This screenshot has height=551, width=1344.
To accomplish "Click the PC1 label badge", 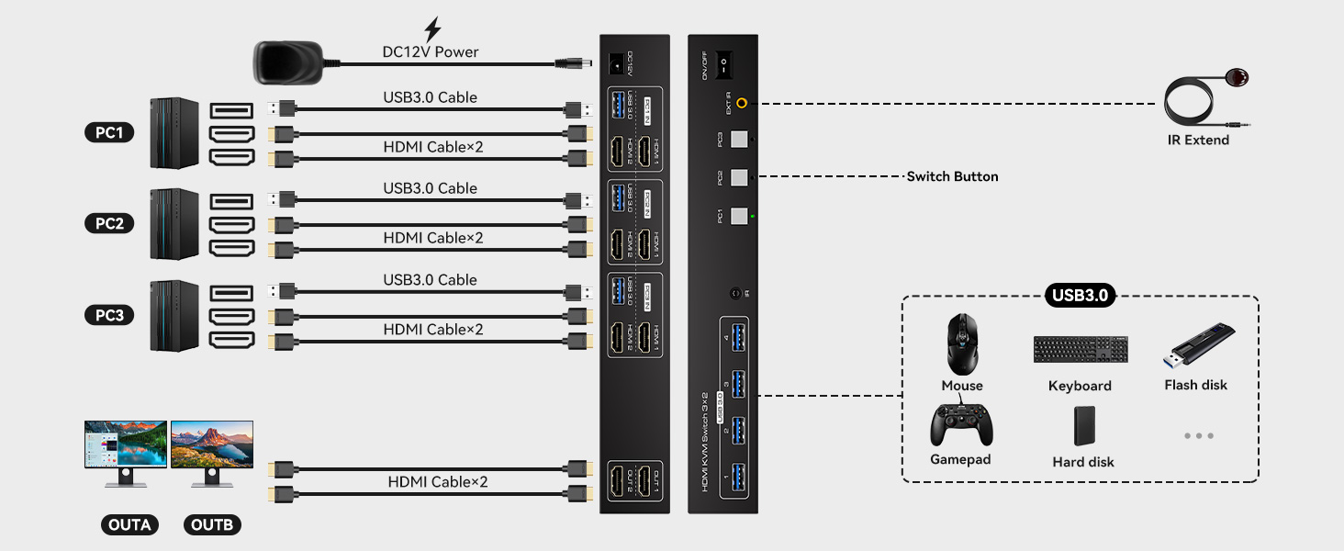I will pos(109,132).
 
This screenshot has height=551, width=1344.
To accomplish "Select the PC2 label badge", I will pos(109,223).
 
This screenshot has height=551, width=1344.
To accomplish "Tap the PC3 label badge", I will pos(109,315).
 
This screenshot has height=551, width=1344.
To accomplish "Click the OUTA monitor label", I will pos(129,524).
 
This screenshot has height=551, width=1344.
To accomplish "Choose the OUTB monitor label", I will pos(212,524).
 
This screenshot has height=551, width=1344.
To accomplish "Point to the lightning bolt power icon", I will pos(431,29).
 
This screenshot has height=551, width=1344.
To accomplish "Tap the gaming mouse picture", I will pos(961,343).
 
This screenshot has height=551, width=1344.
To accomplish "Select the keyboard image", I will pos(1080,349).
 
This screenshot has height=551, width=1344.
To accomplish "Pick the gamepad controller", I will pos(961,424).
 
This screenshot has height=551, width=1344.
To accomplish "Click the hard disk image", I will pos(1084,425).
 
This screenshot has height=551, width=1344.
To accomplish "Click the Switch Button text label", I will pos(952,176).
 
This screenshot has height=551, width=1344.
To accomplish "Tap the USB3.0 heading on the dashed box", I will pos(1080,296).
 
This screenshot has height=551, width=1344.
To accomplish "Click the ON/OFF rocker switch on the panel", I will pos(722,65).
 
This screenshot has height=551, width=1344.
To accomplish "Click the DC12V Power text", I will pos(431,51).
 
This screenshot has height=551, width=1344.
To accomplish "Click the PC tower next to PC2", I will pos(174,223).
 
